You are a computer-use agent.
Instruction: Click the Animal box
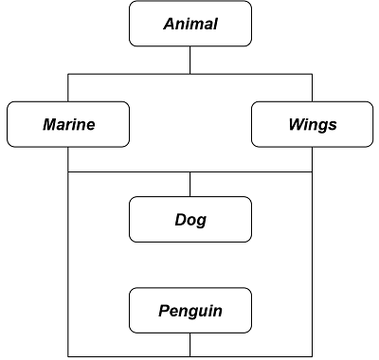[190, 24]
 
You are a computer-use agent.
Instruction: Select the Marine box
[68, 124]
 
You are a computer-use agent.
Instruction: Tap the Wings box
[312, 124]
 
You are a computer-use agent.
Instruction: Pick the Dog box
[190, 220]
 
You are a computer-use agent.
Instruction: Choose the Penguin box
[190, 310]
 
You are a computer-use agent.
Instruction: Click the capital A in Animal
[167, 24]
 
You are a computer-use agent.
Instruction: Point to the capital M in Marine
[49, 124]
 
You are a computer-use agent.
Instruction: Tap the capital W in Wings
[295, 124]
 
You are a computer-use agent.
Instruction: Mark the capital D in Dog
[180, 220]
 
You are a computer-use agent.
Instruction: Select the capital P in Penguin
[163, 310]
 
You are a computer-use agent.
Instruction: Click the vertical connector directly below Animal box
[190, 60]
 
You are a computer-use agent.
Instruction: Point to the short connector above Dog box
[190, 184]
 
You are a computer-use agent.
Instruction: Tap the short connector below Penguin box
[190, 345]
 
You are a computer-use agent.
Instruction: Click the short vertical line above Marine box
[68, 87]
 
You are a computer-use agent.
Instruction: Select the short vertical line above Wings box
[312, 87]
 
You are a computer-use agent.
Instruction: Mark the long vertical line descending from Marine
[68, 265]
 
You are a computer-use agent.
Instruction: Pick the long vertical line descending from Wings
[312, 265]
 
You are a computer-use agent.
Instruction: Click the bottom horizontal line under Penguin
[133, 356]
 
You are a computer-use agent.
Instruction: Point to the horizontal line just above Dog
[133, 172]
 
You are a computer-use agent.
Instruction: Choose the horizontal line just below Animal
[133, 74]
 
